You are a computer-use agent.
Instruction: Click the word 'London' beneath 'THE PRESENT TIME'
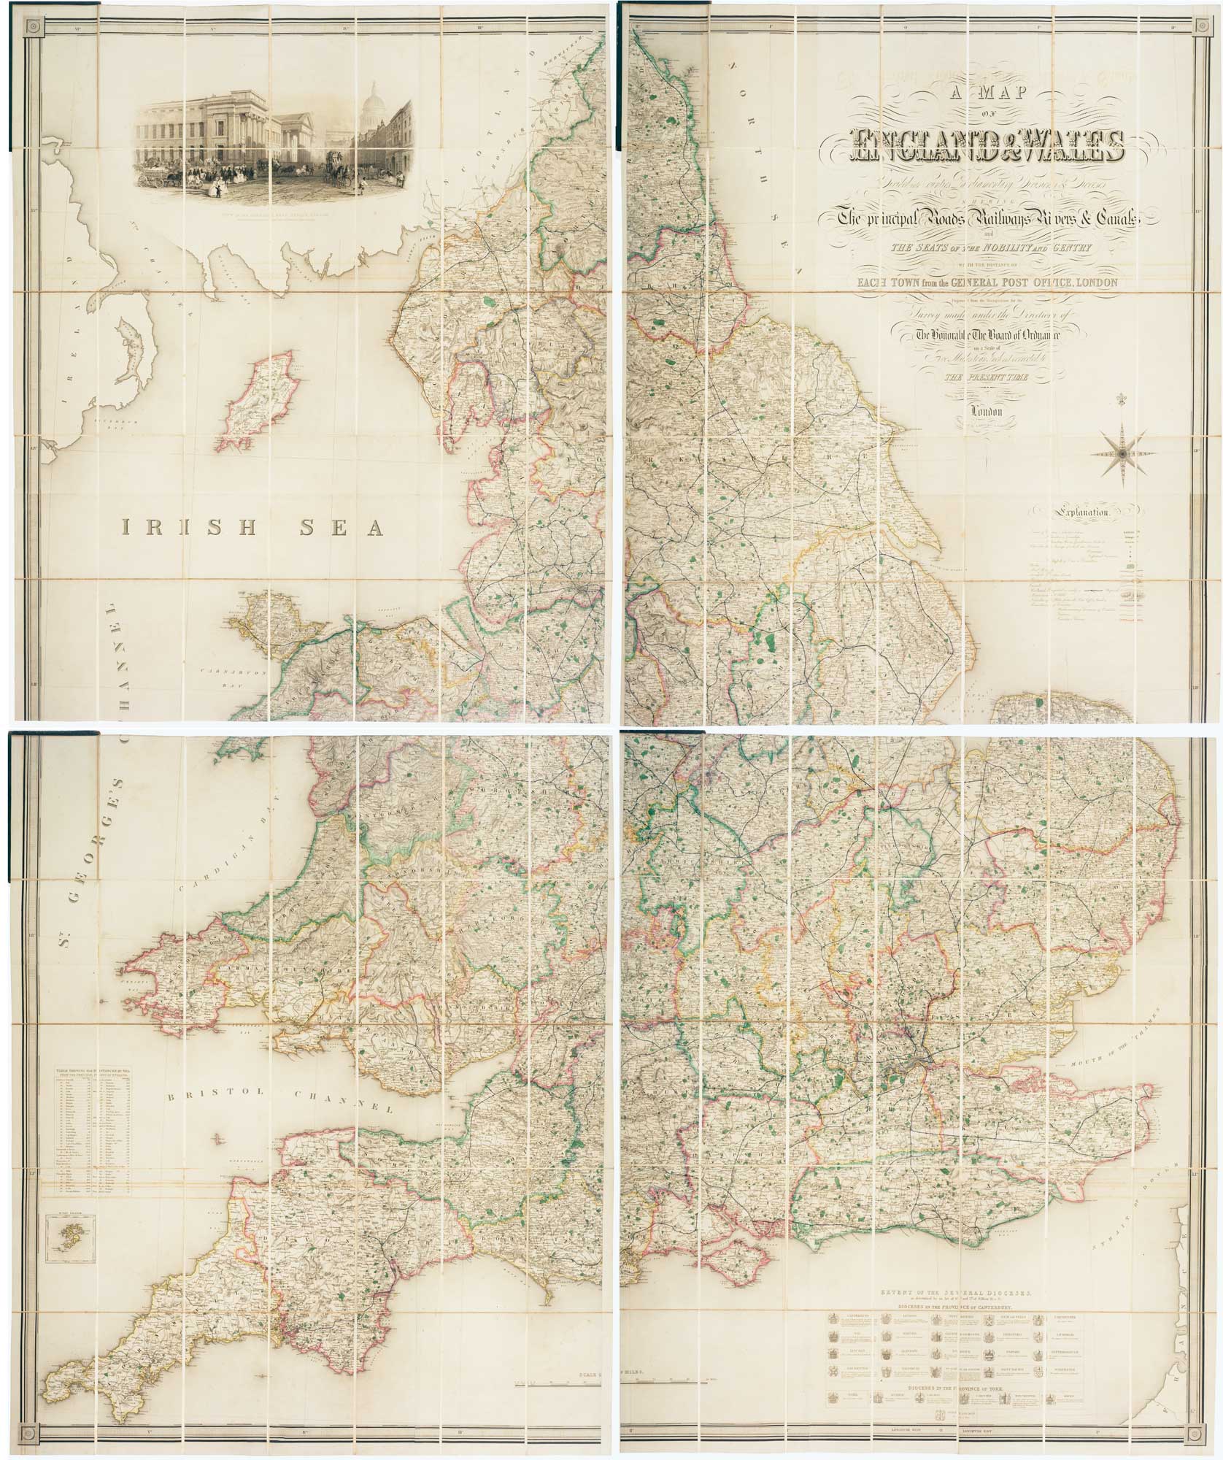coord(984,411)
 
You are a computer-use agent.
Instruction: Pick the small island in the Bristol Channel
coord(218,1137)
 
